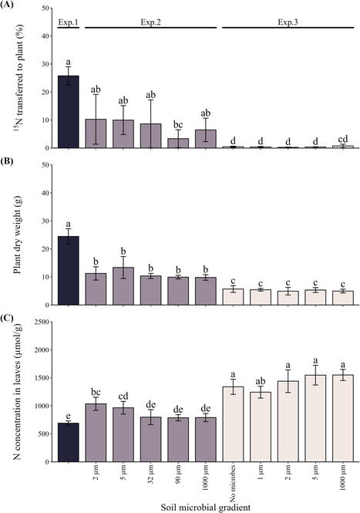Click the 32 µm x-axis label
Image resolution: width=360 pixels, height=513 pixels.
pos(151,472)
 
